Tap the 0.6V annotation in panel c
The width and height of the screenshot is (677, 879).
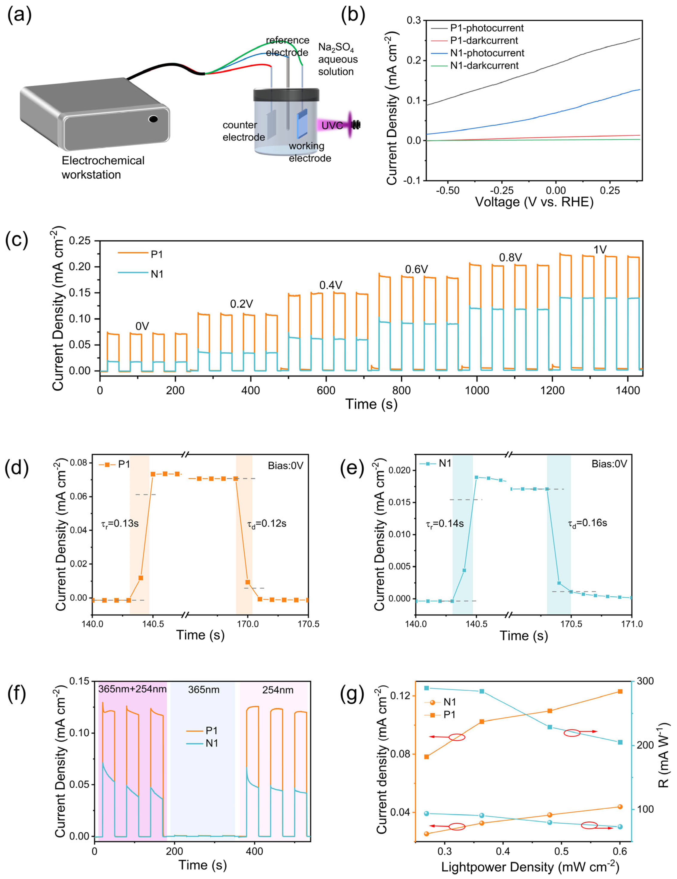416,269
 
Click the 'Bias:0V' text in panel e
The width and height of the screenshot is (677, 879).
609,464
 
